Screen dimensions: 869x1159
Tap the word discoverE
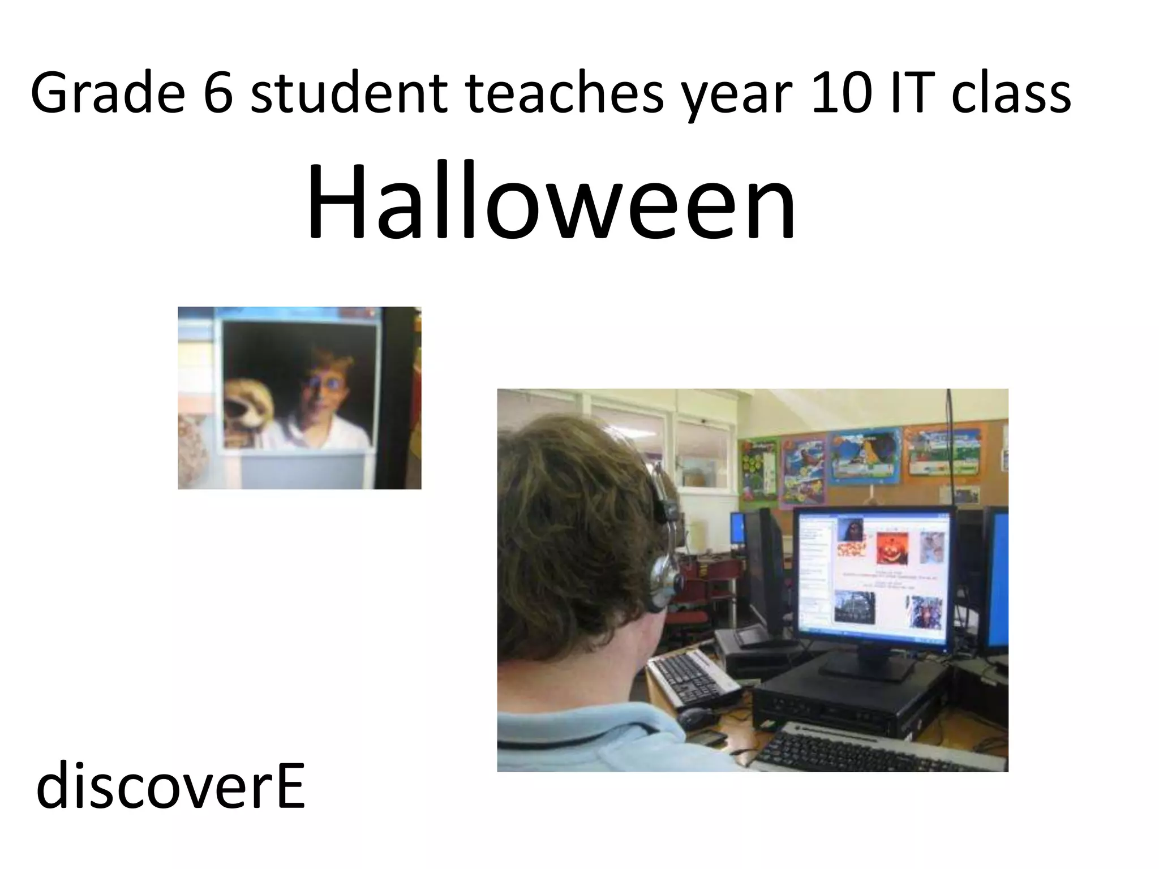pos(170,786)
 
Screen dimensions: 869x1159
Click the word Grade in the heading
pos(108,93)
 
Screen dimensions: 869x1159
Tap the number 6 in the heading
pos(218,93)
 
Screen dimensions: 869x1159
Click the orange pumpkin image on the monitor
pos(892,548)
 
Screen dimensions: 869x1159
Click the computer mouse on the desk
pos(696,717)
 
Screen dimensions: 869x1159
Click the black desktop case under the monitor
pos(849,702)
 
